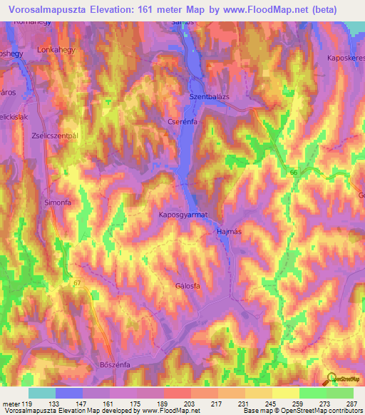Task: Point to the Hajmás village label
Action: (228, 232)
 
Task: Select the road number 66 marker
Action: (293, 172)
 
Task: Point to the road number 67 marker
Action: (77, 284)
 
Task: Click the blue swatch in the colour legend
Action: (69, 393)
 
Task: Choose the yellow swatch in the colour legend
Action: (286, 393)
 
